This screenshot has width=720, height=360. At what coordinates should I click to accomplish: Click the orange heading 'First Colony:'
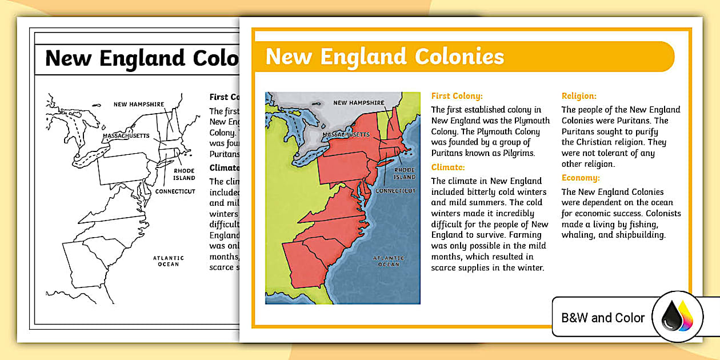pos(457,96)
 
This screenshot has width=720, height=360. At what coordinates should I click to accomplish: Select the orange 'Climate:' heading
pos(448,167)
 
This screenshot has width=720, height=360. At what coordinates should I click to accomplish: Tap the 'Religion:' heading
pos(579,96)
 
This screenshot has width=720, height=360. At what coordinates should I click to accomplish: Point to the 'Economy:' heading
pos(581,178)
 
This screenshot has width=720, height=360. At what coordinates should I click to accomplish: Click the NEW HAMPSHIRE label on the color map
pos(359,103)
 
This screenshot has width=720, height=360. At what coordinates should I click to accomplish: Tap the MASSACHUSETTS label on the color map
pos(346,135)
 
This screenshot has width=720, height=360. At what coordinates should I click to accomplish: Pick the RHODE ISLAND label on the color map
pos(404,173)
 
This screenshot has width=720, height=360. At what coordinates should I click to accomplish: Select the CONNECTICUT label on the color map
pos(395,190)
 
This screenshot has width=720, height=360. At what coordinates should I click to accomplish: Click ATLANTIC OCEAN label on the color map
pos(389,261)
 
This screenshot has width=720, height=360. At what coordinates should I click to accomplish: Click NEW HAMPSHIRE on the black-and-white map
pos(139,104)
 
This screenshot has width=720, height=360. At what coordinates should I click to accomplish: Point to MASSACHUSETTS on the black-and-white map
pos(126,136)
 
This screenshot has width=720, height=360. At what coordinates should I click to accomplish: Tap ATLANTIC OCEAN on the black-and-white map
pos(169,261)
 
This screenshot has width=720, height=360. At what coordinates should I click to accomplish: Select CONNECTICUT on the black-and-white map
pos(175,191)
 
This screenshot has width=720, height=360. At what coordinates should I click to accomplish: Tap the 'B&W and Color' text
pos(603,318)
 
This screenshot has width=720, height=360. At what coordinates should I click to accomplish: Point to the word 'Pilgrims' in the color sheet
pos(514,153)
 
